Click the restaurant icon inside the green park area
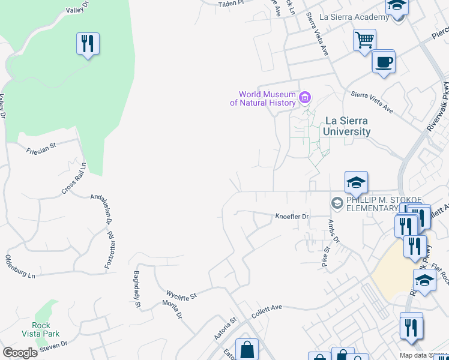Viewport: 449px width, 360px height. click(88, 44)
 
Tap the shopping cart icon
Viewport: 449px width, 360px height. click(364, 41)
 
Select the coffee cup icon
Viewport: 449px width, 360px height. click(384, 61)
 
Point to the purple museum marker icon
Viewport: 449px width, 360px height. click(305, 97)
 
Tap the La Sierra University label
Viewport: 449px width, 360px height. click(346, 125)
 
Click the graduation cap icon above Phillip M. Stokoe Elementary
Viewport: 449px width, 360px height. click(356, 182)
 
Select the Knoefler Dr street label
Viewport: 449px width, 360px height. click(292, 216)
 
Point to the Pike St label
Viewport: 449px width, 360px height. click(325, 256)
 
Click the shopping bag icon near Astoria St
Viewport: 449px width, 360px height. click(247, 349)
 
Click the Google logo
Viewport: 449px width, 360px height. click(20, 353)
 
